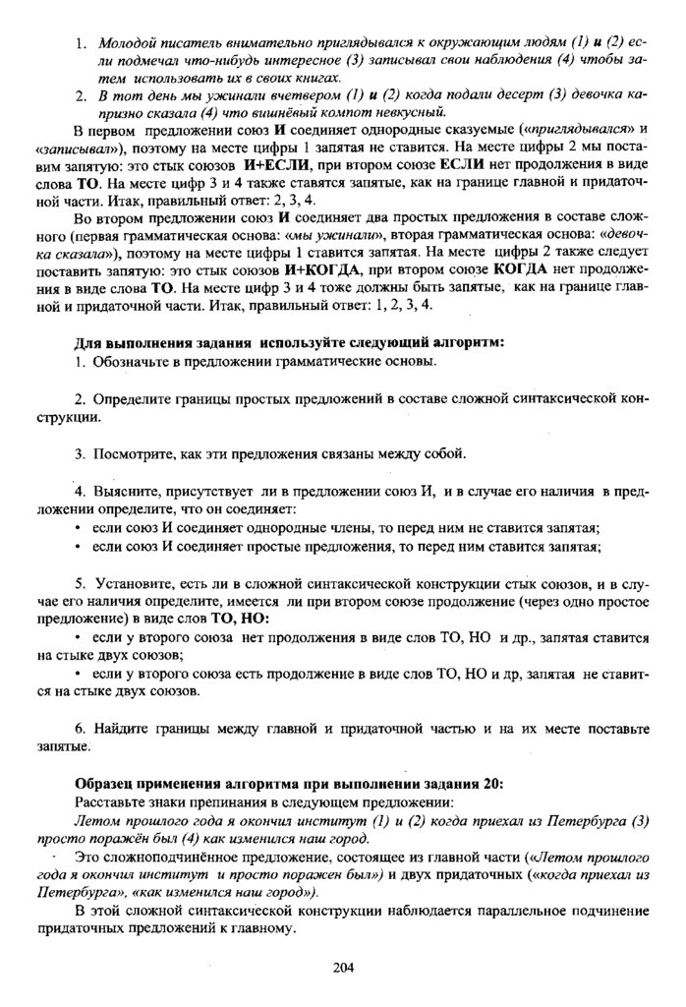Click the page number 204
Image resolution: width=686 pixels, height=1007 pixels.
(343, 967)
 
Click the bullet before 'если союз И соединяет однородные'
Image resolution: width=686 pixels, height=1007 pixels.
(79, 527)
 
